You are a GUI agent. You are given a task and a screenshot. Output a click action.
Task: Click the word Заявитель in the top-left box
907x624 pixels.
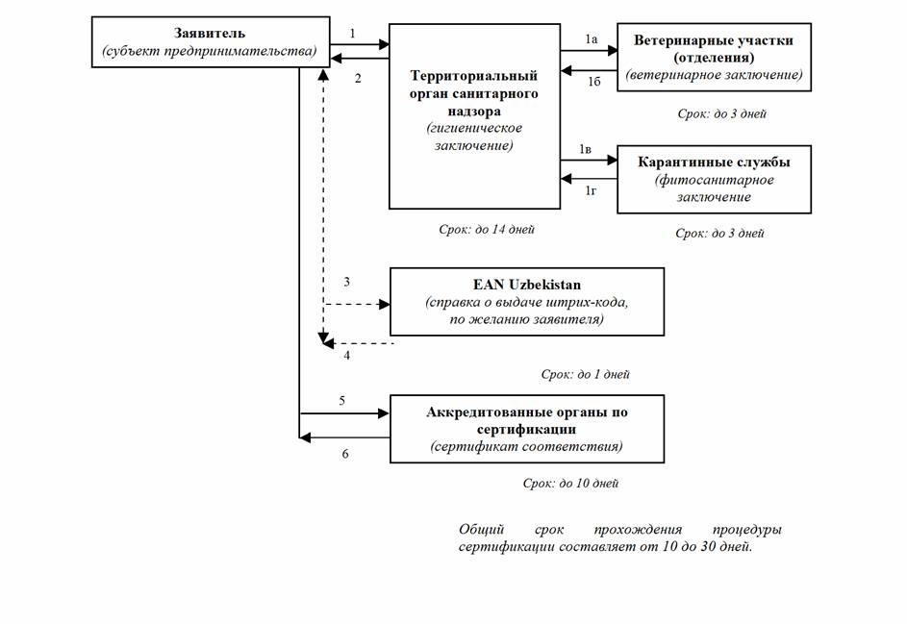[205, 34]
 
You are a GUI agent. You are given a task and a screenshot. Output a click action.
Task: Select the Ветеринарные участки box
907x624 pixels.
[714, 57]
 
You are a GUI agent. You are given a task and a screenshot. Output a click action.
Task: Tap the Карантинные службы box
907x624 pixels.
[714, 179]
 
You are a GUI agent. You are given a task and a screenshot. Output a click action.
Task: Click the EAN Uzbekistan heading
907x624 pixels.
[526, 286]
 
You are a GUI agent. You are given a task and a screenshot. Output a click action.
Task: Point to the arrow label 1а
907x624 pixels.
[592, 39]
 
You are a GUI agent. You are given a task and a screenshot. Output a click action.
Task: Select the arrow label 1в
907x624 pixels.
[586, 150]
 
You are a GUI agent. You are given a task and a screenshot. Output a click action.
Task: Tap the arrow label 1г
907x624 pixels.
[593, 191]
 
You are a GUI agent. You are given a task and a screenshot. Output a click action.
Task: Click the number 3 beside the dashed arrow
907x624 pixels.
[347, 282]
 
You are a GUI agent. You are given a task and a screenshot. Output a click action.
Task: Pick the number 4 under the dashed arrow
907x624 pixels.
[347, 356]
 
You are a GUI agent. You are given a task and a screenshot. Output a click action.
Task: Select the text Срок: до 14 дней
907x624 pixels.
[485, 229]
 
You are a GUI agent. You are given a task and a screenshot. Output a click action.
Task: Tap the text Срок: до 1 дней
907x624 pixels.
[585, 374]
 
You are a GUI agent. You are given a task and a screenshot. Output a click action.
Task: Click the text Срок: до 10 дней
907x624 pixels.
[570, 483]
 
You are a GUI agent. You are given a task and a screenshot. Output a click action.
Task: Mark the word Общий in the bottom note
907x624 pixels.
[481, 530]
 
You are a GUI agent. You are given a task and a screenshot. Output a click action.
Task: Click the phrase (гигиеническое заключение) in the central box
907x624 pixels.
[474, 137]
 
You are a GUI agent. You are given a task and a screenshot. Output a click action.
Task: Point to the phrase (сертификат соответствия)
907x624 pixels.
[526, 446]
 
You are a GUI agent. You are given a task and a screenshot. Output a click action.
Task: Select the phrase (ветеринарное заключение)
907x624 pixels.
[714, 74]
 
